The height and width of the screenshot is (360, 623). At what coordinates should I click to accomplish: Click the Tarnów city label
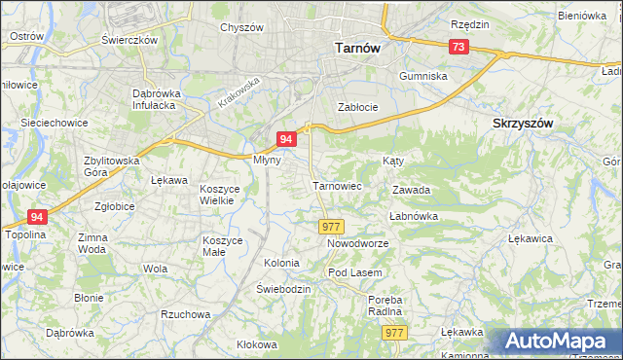click(356, 47)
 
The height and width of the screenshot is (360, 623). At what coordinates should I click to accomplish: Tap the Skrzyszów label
click(523, 124)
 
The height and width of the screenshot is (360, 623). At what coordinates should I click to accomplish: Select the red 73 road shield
click(458, 47)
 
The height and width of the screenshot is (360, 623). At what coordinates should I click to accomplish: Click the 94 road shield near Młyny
click(286, 140)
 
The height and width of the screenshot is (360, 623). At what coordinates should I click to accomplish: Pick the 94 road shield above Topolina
click(37, 217)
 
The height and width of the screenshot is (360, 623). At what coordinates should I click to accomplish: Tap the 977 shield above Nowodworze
click(331, 226)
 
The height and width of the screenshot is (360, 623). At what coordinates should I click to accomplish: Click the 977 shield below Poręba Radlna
click(394, 333)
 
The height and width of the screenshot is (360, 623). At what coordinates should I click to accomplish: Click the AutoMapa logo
click(561, 342)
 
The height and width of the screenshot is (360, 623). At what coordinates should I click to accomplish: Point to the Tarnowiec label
click(337, 185)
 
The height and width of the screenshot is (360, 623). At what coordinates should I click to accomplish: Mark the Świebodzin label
click(283, 290)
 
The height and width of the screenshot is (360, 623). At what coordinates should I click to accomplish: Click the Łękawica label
click(531, 237)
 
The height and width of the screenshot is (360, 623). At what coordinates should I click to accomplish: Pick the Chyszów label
click(241, 27)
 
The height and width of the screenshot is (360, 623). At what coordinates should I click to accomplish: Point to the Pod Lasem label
click(353, 272)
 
